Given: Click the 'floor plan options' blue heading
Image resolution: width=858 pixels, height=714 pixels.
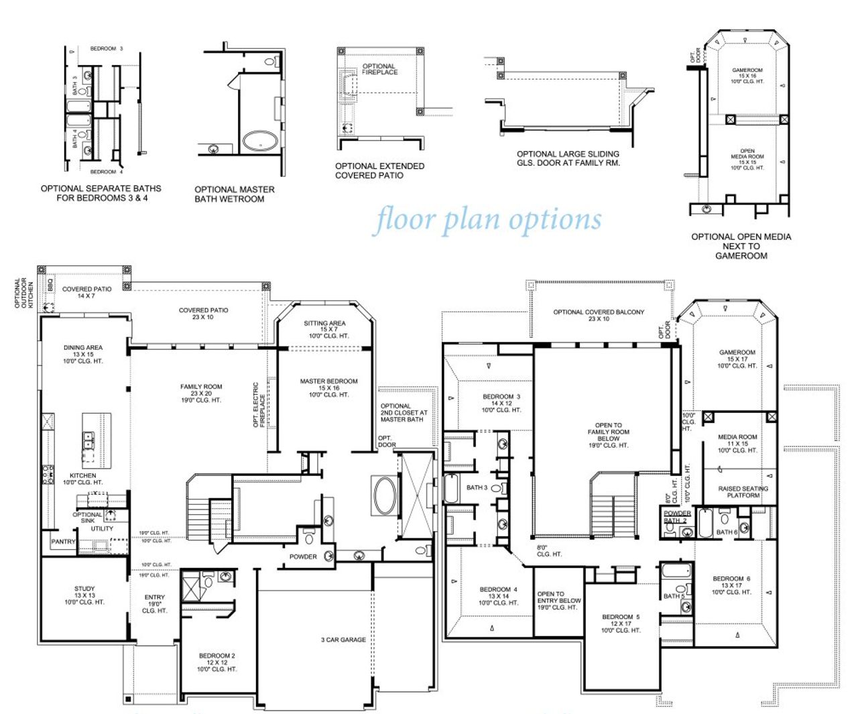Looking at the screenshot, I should (x=488, y=220).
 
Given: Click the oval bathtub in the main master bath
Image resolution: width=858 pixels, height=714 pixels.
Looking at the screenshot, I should (x=385, y=496).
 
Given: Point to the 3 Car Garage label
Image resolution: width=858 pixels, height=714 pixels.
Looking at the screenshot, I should (x=343, y=640).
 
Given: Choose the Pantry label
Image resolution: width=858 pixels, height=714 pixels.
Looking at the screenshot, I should (x=64, y=542).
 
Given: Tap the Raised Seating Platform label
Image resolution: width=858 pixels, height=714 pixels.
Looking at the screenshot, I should (x=743, y=492).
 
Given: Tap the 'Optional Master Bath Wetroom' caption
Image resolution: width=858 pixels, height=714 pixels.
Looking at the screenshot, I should (x=235, y=194).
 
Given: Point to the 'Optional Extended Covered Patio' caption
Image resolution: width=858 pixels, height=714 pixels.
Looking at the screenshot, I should (x=379, y=171).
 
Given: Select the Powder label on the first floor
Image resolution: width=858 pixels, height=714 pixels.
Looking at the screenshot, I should (x=303, y=556).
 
